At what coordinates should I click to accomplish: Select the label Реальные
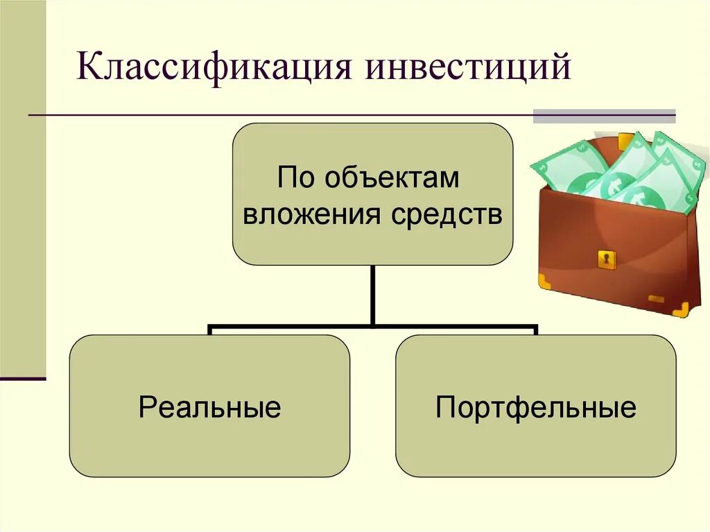coord(209,407)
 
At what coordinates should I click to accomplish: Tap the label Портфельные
coord(535,407)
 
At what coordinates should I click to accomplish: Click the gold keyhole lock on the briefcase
coord(607,259)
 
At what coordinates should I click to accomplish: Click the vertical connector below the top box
coord(373,295)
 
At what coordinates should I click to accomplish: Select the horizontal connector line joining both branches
coord(373,325)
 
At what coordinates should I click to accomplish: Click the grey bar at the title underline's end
coord(604,116)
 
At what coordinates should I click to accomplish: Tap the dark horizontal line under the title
coord(277,114)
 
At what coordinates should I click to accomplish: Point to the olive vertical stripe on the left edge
coord(22,187)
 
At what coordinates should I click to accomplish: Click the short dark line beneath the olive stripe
coord(22,379)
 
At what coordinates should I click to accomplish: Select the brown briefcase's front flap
coord(610,243)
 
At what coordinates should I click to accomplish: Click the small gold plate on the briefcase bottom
coord(656,299)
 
